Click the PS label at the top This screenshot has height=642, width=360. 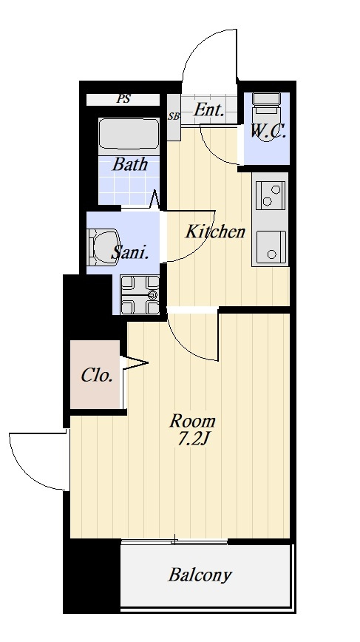pyautogui.click(x=123, y=99)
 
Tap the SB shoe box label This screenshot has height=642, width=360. pyautogui.click(x=174, y=116)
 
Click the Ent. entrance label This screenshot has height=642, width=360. pyautogui.click(x=209, y=109)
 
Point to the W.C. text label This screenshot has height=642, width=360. pyautogui.click(x=268, y=132)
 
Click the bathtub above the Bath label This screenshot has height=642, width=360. pyautogui.click(x=129, y=135)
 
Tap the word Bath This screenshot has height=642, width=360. pyautogui.click(x=129, y=165)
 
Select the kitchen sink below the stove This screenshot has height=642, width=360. pyautogui.click(x=271, y=247)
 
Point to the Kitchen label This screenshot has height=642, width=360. pyautogui.click(x=215, y=232)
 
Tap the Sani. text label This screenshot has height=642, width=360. pyautogui.click(x=129, y=253)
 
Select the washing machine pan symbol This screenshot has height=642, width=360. pyautogui.click(x=140, y=294)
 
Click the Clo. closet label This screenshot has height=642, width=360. pyautogui.click(x=97, y=376)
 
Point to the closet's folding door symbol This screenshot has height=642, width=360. pyautogui.click(x=133, y=363)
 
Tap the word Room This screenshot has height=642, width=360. pyautogui.click(x=192, y=421)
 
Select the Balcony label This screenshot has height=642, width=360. pyautogui.click(x=200, y=575)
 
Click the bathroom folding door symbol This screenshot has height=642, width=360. pyautogui.click(x=155, y=200)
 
